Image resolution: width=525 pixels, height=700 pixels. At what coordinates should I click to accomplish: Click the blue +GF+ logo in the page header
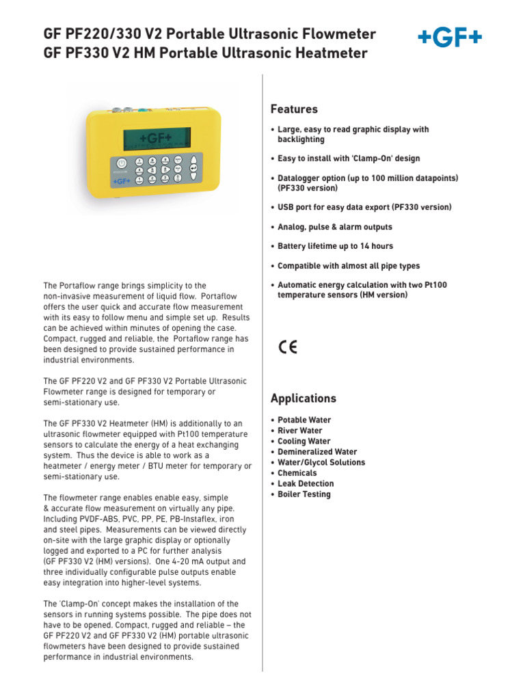(450, 39)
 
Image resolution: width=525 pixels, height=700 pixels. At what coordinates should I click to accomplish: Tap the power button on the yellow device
(121, 163)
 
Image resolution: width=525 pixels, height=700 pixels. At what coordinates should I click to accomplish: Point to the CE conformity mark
(288, 347)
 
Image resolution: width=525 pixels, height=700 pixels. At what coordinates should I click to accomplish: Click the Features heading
(294, 109)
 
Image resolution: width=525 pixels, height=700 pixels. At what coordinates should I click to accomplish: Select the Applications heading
(304, 399)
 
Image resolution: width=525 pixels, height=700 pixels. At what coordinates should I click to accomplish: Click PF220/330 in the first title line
(108, 34)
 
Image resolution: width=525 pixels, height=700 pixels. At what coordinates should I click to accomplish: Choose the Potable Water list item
(304, 420)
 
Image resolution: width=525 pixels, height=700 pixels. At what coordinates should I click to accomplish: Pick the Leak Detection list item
(306, 484)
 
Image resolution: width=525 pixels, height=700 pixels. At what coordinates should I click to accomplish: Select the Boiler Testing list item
(304, 494)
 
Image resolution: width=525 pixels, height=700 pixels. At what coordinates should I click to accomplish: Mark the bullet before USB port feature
(273, 207)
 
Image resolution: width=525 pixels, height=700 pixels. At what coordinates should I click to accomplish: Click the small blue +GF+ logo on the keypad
(121, 181)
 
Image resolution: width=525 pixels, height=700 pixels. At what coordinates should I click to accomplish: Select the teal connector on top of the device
(142, 109)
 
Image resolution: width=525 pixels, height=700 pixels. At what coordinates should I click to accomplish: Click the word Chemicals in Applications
(297, 473)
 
